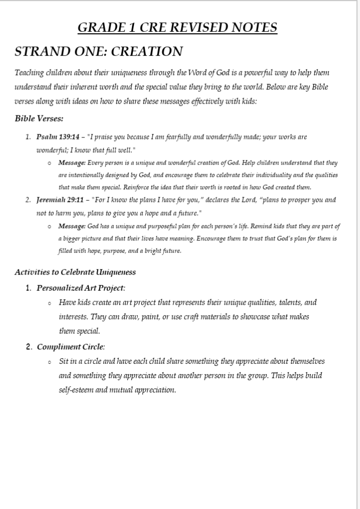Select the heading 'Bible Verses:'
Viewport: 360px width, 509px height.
[39, 119]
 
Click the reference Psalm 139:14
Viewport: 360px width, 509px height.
[58, 137]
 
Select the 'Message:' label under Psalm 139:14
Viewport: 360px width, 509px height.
[72, 163]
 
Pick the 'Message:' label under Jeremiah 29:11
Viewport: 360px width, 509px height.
[72, 226]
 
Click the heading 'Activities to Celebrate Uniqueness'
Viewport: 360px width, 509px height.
[75, 272]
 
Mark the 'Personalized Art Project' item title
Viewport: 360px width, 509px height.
[80, 288]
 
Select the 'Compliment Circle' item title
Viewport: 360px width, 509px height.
[70, 347]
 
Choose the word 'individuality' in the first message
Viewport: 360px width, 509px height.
[283, 175]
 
